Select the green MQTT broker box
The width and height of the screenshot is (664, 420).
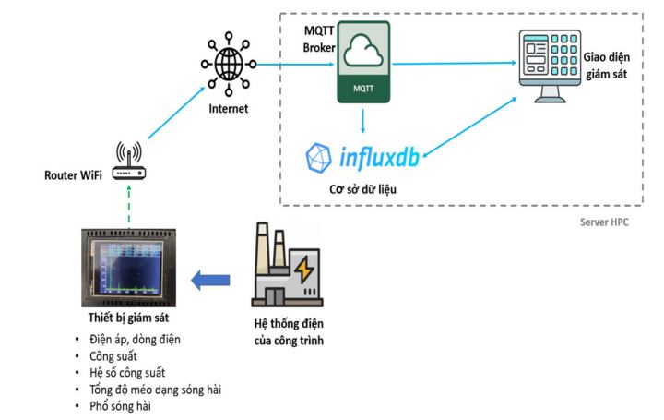click(362, 62)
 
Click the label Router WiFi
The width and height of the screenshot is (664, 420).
click(75, 175)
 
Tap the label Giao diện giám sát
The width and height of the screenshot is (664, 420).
click(605, 66)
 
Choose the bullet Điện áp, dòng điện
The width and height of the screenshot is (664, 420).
click(141, 339)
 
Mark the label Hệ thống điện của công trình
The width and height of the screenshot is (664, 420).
click(288, 330)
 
